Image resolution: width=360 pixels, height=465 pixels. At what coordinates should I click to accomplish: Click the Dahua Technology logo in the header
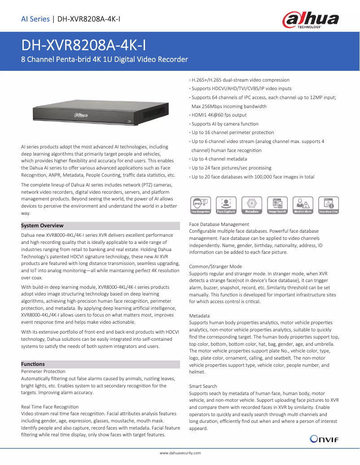(x=310, y=20)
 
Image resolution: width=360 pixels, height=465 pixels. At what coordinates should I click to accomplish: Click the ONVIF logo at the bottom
(x=323, y=439)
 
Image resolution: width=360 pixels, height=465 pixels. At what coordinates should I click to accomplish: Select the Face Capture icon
(x=226, y=205)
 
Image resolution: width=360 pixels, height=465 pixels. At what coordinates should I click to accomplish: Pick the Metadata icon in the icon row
(x=251, y=205)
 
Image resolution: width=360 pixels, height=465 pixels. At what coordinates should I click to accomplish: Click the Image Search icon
(x=277, y=205)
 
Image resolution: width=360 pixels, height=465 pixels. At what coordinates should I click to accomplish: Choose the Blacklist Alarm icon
(x=303, y=205)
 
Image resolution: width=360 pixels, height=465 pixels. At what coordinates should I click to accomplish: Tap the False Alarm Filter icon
(x=328, y=205)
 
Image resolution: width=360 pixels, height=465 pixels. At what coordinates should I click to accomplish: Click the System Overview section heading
(x=43, y=226)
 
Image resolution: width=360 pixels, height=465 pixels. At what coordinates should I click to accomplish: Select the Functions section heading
(x=33, y=364)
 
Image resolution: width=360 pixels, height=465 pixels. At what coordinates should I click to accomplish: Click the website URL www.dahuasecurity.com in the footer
(x=180, y=454)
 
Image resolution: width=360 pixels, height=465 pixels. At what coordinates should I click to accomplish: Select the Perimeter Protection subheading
(x=44, y=371)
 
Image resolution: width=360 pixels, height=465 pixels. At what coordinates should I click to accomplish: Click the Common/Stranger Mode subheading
(x=215, y=266)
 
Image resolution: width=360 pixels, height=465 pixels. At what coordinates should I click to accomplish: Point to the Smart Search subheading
(x=203, y=386)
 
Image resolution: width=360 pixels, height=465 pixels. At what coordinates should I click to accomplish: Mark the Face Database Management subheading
(x=219, y=224)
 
